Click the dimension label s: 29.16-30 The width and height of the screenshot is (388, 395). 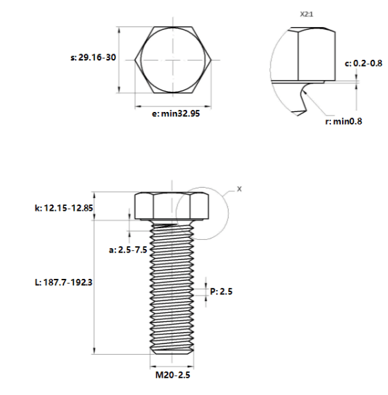click(93, 58)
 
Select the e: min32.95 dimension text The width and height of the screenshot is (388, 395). click(176, 113)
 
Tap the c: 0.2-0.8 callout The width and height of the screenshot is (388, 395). click(363, 63)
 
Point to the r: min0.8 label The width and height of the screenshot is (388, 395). click(343, 122)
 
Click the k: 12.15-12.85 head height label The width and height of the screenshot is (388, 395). click(64, 208)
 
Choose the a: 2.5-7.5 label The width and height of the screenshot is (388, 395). click(128, 250)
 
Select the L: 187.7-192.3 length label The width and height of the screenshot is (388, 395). click(63, 282)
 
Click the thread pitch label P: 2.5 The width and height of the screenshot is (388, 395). click(221, 291)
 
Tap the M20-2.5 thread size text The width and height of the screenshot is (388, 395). click(172, 375)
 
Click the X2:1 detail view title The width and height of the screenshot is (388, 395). click(307, 15)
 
